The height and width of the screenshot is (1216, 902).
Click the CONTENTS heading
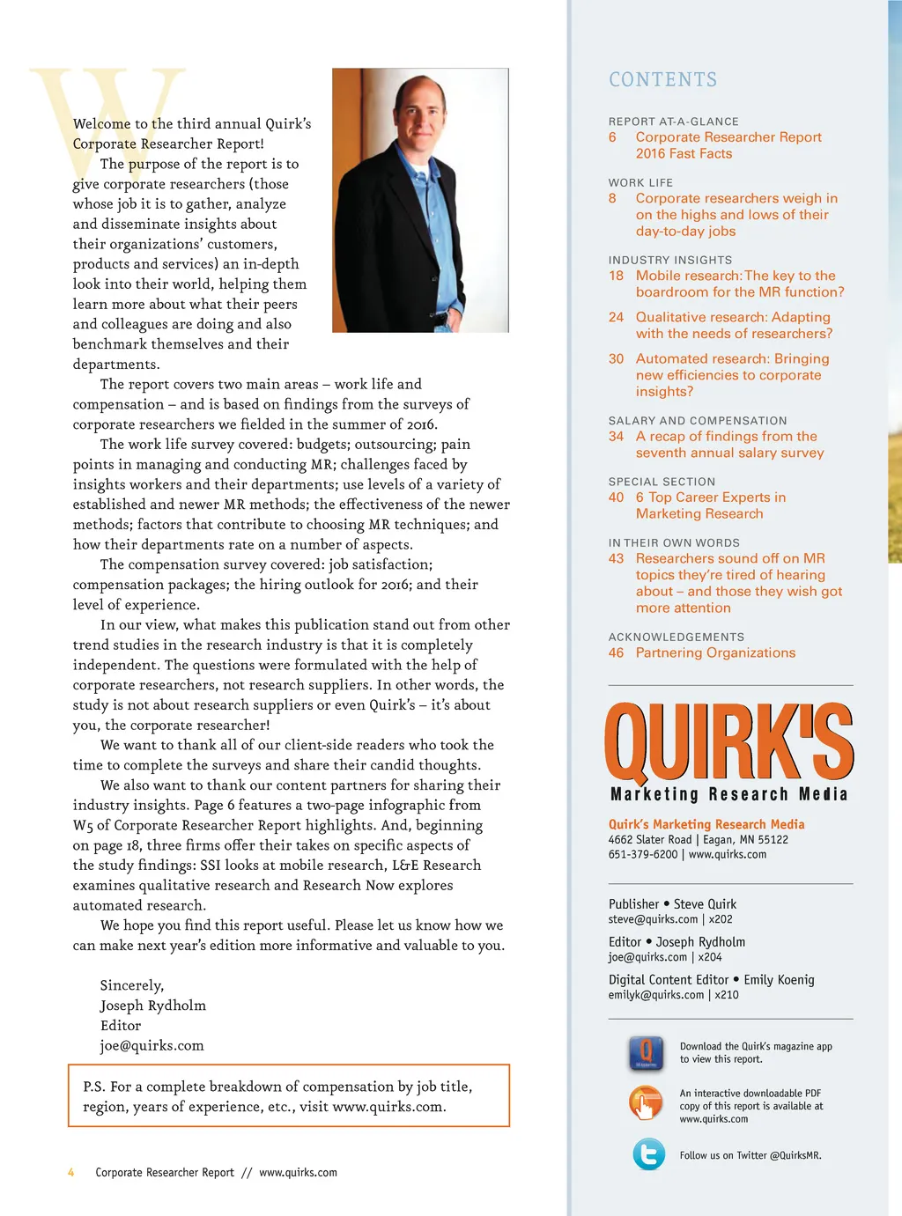662,79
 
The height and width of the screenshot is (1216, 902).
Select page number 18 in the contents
616,276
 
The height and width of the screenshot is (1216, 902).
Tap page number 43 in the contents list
616,558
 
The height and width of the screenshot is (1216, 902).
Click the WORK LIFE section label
640,182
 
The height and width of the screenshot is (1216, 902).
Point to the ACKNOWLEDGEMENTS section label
676,637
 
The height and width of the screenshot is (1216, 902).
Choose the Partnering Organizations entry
715,652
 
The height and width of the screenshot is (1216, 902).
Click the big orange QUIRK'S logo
728,742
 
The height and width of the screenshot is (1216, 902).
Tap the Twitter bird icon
649,1153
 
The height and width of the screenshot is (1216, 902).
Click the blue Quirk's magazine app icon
646,1052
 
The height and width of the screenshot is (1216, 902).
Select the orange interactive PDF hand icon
646,1102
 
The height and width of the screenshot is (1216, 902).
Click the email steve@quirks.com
653,919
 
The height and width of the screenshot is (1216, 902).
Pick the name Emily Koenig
779,979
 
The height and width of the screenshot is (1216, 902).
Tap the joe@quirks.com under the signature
152,1045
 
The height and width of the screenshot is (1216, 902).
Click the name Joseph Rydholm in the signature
152,1006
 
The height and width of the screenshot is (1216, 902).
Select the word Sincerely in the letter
131,985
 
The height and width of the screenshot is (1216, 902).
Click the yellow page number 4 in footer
71,1172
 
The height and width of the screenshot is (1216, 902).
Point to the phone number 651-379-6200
643,854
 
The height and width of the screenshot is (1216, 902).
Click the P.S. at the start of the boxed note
94,1087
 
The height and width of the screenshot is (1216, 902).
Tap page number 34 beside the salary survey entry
616,436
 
